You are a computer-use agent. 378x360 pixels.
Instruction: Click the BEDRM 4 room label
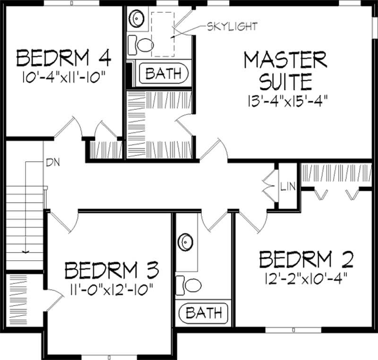pos(63,59)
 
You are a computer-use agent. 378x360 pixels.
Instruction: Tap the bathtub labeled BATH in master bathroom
pos(163,73)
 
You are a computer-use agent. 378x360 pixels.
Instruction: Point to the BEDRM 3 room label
pos(112,271)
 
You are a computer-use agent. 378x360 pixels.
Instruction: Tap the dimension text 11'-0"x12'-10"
pos(111,288)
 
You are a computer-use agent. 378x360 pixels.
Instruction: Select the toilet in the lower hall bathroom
pos(189,284)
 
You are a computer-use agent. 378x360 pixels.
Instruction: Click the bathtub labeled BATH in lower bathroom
pos(203,313)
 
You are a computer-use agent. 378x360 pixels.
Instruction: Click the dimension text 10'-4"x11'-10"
pos(63,76)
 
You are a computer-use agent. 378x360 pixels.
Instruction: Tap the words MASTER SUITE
pos(285,71)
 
